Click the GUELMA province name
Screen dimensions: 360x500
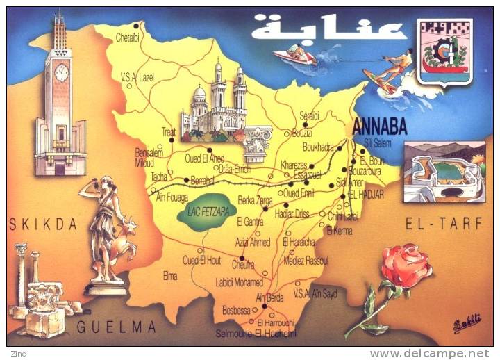[117, 327]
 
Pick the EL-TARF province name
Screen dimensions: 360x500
[436, 224]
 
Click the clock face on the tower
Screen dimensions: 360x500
[61, 72]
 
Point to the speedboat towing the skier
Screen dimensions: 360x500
[294, 55]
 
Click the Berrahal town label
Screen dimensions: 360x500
[202, 179]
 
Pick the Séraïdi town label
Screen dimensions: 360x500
[308, 116]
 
